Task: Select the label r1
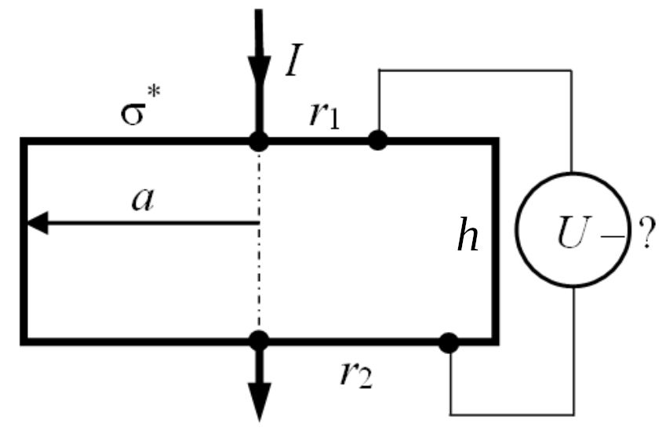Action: [x=322, y=115]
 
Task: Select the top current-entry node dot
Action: [x=258, y=141]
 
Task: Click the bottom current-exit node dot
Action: [x=258, y=341]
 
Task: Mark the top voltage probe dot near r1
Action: [x=378, y=141]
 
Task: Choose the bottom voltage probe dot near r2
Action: [x=449, y=342]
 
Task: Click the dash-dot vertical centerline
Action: [x=258, y=267]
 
